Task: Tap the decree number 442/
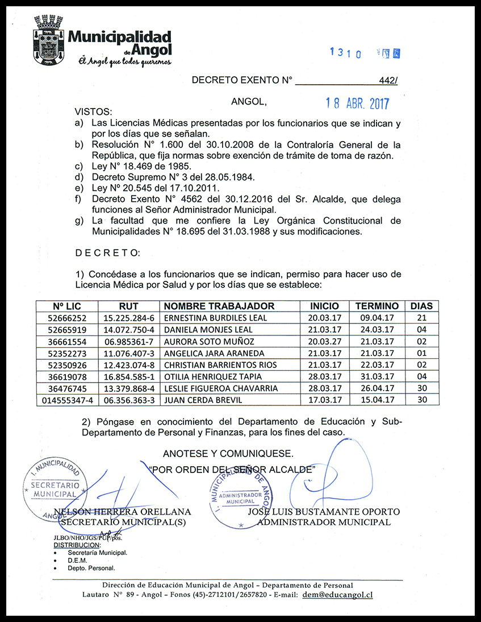click(x=388, y=81)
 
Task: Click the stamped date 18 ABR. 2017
click(x=357, y=103)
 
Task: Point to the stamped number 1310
click(x=346, y=53)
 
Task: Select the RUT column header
click(x=129, y=306)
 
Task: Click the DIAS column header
click(x=421, y=306)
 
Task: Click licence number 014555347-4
click(x=66, y=400)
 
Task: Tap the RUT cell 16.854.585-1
click(x=129, y=377)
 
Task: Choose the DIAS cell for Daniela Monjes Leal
click(x=421, y=330)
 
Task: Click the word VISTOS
click(x=94, y=112)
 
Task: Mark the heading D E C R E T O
click(x=106, y=252)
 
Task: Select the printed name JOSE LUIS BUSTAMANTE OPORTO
click(x=324, y=512)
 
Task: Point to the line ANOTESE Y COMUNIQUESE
click(x=228, y=454)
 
